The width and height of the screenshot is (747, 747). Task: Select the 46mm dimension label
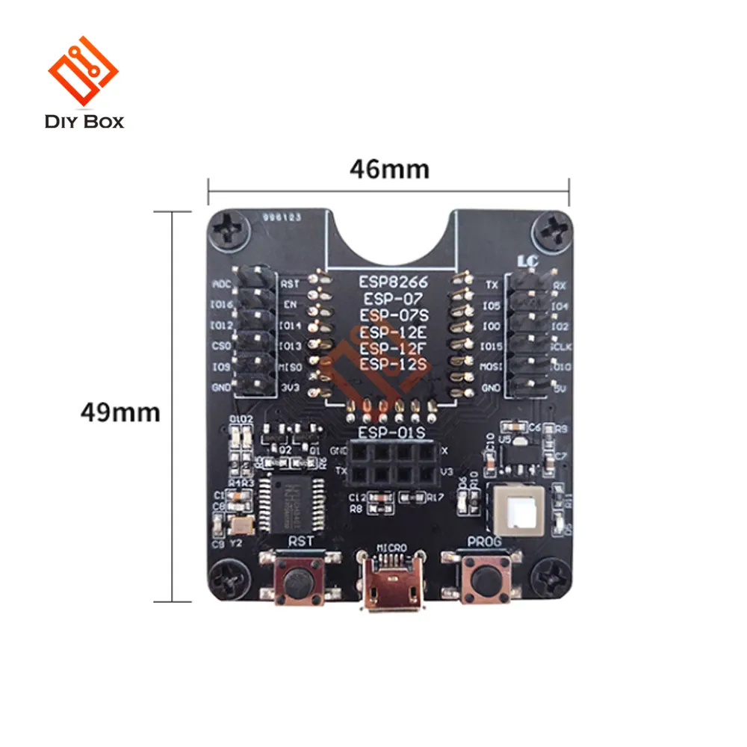click(x=389, y=170)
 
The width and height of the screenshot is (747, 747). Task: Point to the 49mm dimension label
click(x=120, y=412)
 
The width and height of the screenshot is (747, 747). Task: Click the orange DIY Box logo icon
click(x=83, y=72)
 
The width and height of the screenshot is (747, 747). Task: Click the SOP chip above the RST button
click(x=291, y=499)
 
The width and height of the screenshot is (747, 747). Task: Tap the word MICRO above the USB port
click(x=391, y=548)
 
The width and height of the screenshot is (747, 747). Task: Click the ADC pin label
click(x=222, y=285)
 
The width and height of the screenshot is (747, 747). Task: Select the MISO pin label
click(x=291, y=368)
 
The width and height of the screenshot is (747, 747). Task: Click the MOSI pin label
click(x=490, y=368)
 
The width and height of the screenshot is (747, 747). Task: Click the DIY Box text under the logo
click(x=84, y=120)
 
